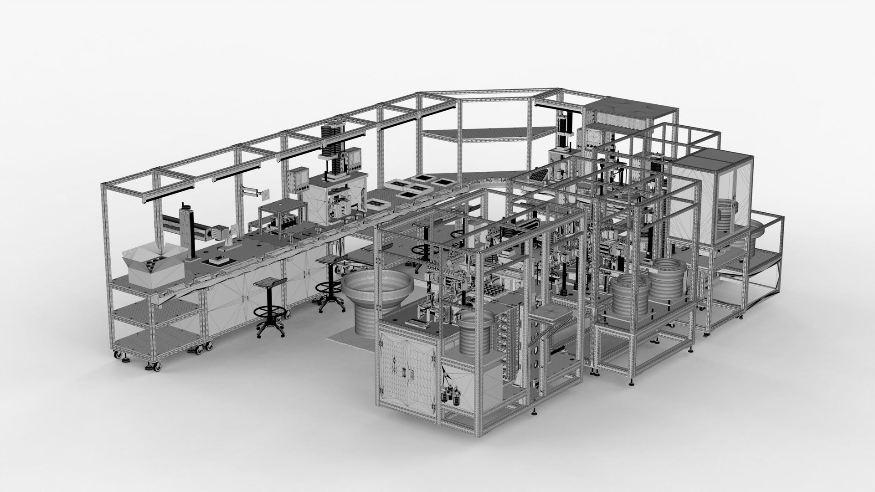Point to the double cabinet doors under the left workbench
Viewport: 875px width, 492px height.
pyautogui.click(x=246, y=296)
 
